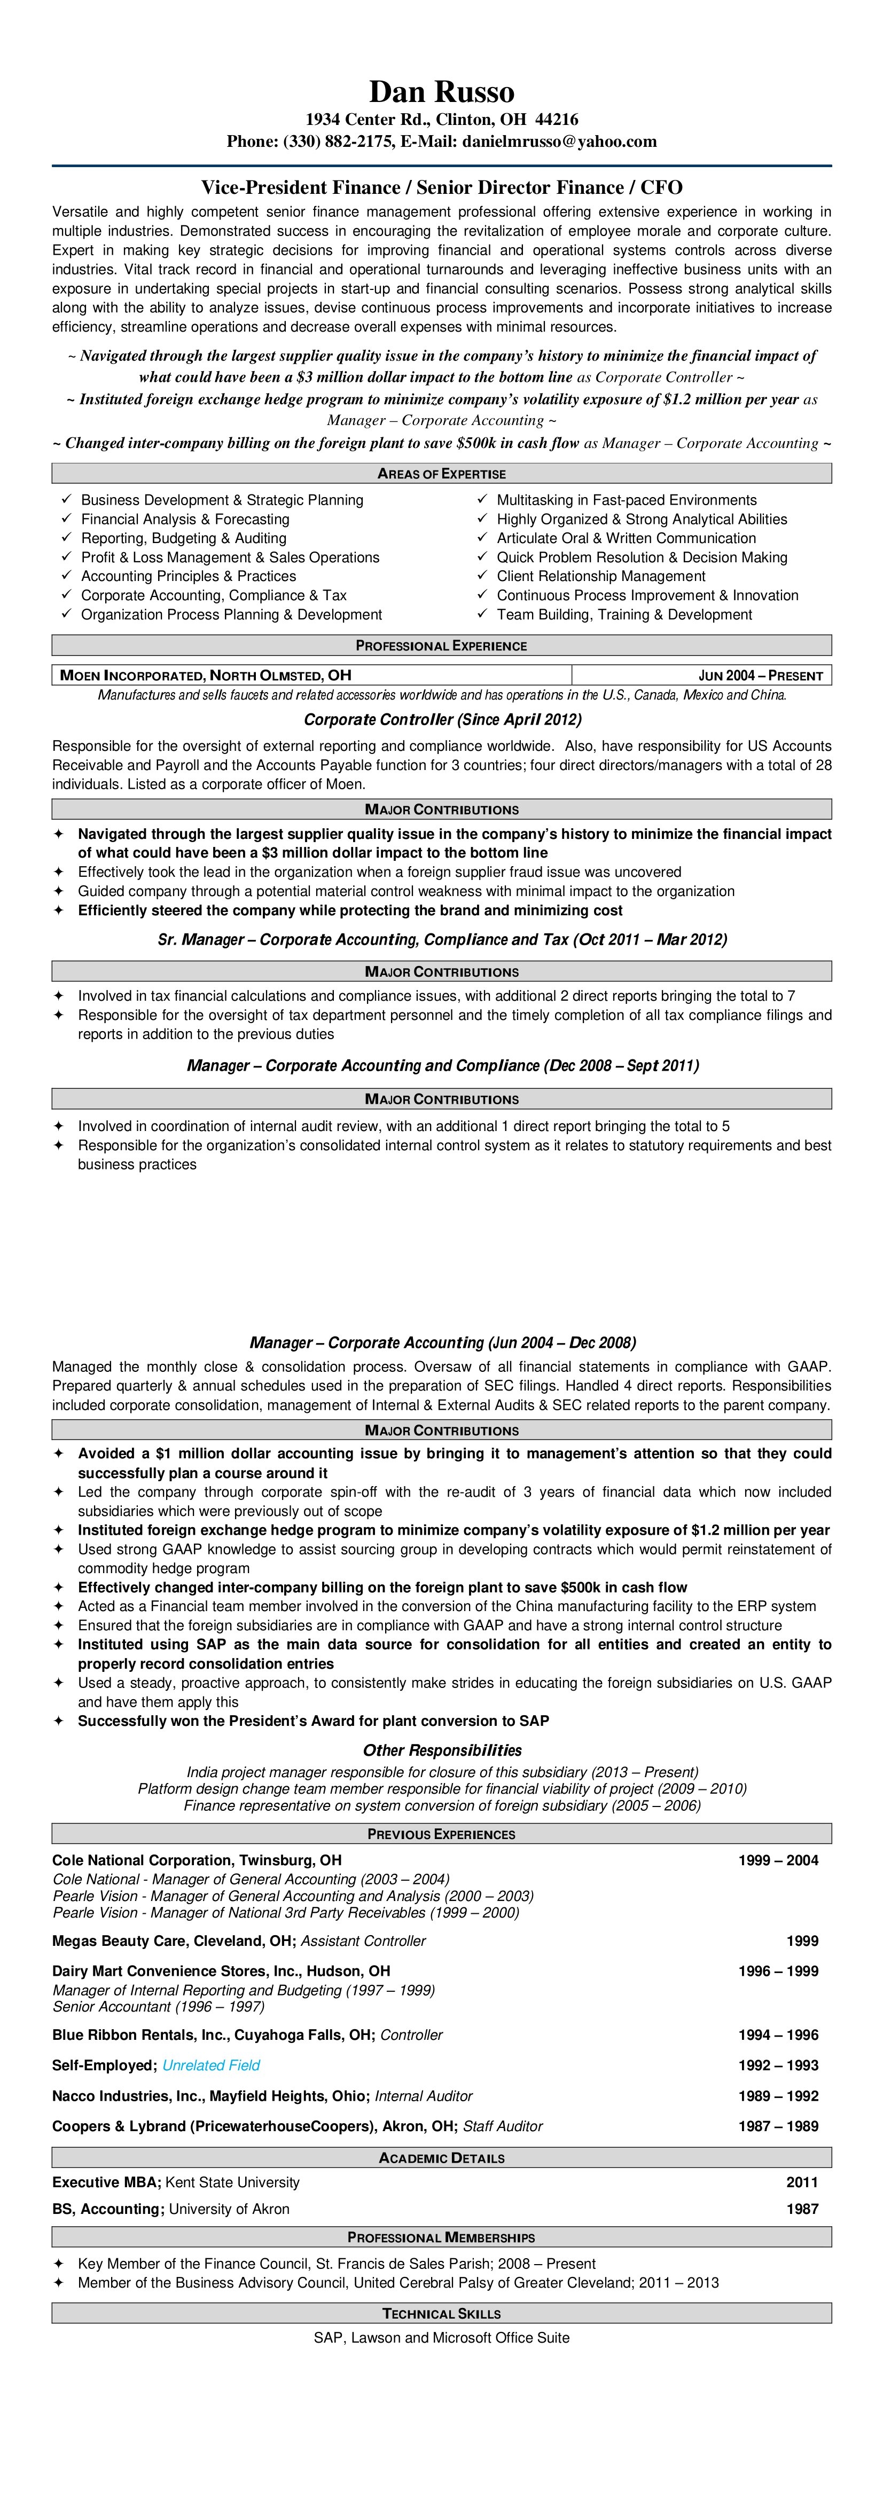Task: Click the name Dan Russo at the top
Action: (x=441, y=92)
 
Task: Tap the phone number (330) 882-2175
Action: (x=339, y=142)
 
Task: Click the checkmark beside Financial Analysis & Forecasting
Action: (x=66, y=519)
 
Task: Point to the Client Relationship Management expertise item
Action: (x=600, y=576)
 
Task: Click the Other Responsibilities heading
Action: (x=441, y=1750)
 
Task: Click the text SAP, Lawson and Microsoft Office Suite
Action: (x=441, y=2338)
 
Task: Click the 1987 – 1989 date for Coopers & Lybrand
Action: (x=777, y=2126)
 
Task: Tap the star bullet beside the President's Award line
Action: (x=58, y=1721)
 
